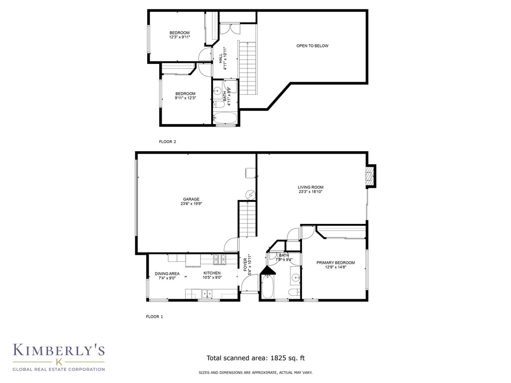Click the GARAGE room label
pyautogui.click(x=191, y=199)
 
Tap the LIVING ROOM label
pyautogui.click(x=310, y=188)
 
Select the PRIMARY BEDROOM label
pyautogui.click(x=336, y=262)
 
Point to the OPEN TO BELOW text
pyautogui.click(x=312, y=46)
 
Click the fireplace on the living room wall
pyautogui.click(x=370, y=176)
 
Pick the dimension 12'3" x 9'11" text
pyautogui.click(x=179, y=37)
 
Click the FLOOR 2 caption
pyautogui.click(x=168, y=142)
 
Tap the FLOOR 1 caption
pyautogui.click(x=155, y=317)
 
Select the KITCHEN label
pyautogui.click(x=212, y=273)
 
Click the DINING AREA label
pyautogui.click(x=167, y=274)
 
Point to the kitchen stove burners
pyautogui.click(x=220, y=259)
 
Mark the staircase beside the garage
pyautogui.click(x=248, y=219)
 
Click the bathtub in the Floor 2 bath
pyautogui.click(x=225, y=118)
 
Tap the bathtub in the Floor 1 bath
pyautogui.click(x=268, y=287)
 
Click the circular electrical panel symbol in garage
pyautogui.click(x=252, y=195)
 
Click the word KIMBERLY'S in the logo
pyautogui.click(x=59, y=350)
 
